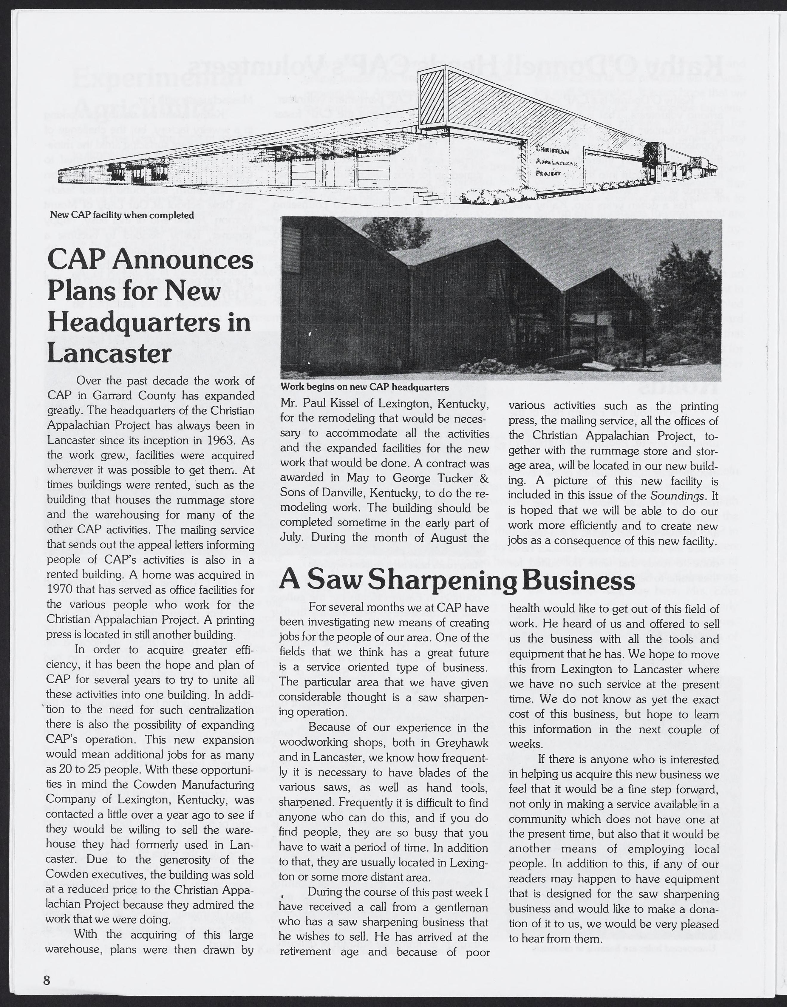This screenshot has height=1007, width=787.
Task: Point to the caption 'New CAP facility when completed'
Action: [122, 215]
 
